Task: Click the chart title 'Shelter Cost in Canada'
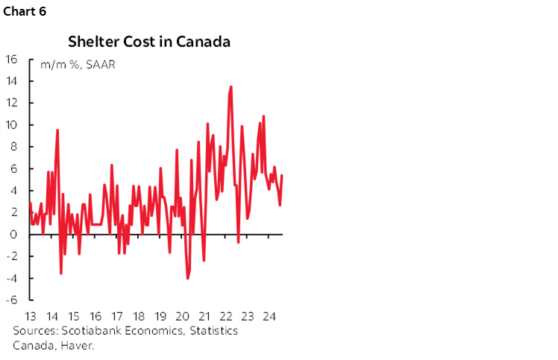[148, 42]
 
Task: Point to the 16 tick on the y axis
[12, 60]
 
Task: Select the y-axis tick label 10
[12, 125]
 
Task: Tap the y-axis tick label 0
[15, 235]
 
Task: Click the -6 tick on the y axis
[12, 300]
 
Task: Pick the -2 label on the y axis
[12, 256]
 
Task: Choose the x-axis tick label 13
[31, 315]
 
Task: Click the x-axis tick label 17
[117, 315]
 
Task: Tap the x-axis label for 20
[182, 315]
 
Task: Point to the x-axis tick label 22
[225, 315]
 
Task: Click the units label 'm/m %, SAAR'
[73, 65]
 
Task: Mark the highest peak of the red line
[231, 86]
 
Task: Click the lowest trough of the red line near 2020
[187, 278]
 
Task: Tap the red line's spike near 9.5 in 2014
[57, 130]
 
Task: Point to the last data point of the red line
[282, 175]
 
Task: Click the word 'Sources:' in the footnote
[34, 330]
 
